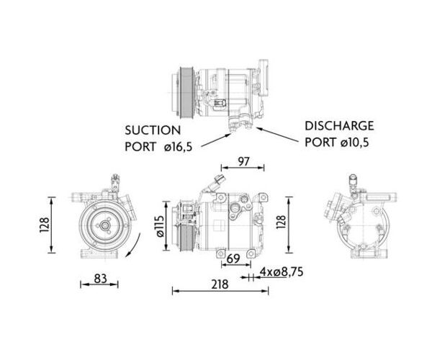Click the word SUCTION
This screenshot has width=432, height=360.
pyautogui.click(x=153, y=130)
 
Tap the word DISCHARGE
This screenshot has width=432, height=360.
pyautogui.click(x=339, y=126)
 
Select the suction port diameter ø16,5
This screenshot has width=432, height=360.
pyautogui.click(x=178, y=147)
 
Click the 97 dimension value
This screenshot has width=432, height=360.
pyautogui.click(x=243, y=162)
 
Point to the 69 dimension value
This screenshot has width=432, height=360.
pyautogui.click(x=233, y=258)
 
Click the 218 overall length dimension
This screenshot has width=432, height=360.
pyautogui.click(x=220, y=284)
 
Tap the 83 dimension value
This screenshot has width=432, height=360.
pyautogui.click(x=100, y=279)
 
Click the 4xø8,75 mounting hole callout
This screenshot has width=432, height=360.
pyautogui.click(x=282, y=272)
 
